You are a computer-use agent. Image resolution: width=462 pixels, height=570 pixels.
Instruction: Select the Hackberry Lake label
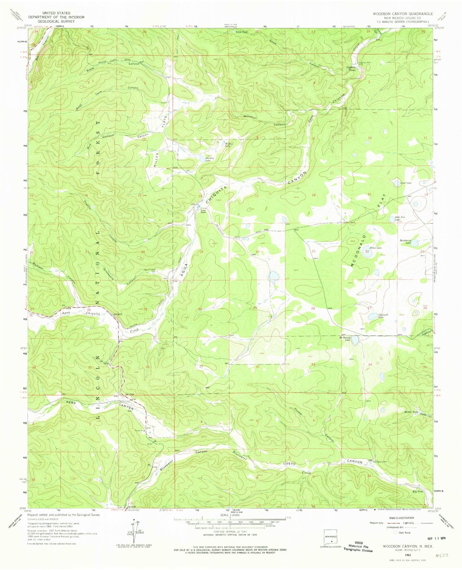pos(405,241)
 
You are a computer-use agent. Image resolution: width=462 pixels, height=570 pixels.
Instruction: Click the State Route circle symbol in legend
pos(395,533)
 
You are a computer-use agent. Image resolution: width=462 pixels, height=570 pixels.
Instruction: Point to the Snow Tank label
pos(242,32)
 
